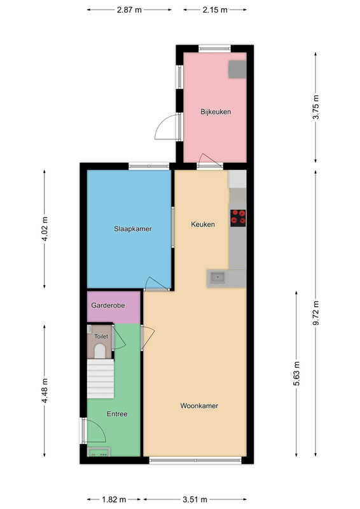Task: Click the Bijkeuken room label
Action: (x=216, y=112)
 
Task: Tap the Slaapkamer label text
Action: (x=133, y=229)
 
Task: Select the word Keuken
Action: (x=203, y=225)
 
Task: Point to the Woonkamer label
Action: (x=199, y=406)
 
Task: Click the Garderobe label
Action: (x=108, y=305)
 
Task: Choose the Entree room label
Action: (x=117, y=414)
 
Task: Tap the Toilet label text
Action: (x=101, y=337)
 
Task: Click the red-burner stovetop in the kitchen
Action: (x=238, y=218)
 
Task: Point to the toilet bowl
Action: (x=100, y=351)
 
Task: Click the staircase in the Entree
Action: (x=100, y=379)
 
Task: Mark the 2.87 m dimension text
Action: (x=129, y=10)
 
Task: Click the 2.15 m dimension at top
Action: (x=215, y=10)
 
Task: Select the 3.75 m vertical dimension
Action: (x=315, y=107)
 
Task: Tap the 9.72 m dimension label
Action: (x=315, y=313)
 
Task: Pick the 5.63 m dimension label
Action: (x=296, y=373)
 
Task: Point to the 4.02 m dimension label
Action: (x=45, y=228)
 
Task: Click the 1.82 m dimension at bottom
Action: (x=114, y=499)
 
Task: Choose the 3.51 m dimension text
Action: (x=195, y=499)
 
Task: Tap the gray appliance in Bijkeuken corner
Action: (x=238, y=69)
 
